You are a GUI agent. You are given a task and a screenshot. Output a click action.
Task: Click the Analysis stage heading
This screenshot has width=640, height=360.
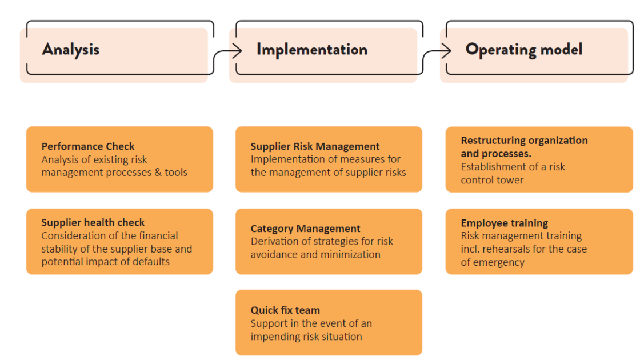click(x=70, y=49)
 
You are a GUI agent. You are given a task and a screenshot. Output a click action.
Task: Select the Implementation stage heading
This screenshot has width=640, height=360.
click(x=311, y=49)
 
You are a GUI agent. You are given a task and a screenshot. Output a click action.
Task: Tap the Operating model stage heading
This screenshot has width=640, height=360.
click(x=524, y=49)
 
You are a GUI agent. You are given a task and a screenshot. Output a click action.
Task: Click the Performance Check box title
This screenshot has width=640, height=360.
click(x=88, y=146)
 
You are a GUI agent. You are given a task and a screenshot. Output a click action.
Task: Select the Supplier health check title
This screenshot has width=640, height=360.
click(x=93, y=222)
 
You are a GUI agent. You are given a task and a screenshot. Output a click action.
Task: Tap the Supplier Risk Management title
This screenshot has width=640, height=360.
click(x=315, y=146)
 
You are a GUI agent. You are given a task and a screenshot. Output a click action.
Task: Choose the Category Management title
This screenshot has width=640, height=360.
click(x=305, y=229)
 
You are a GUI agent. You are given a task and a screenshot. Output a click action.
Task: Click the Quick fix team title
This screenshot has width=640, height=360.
click(x=285, y=310)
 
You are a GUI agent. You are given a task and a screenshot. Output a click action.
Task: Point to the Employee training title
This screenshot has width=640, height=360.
click(x=504, y=223)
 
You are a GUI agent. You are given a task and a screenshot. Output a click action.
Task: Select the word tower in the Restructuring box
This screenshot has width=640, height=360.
click(x=510, y=180)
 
